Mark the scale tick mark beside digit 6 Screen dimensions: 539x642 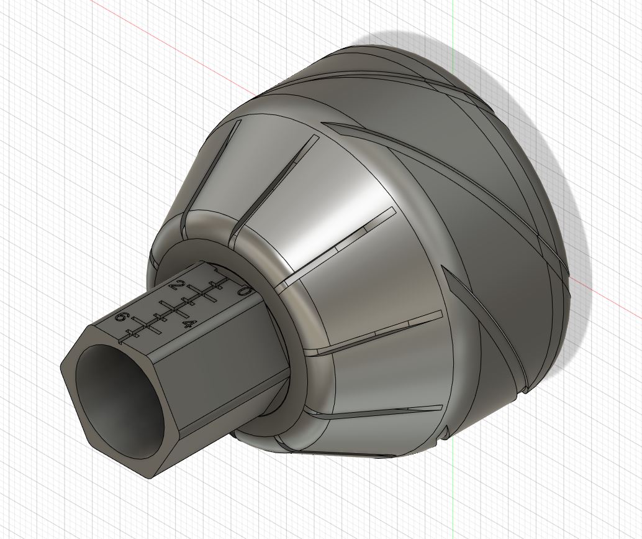pyautogui.click(x=131, y=334)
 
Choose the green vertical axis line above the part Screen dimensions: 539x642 pyautogui.click(x=453, y=25)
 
